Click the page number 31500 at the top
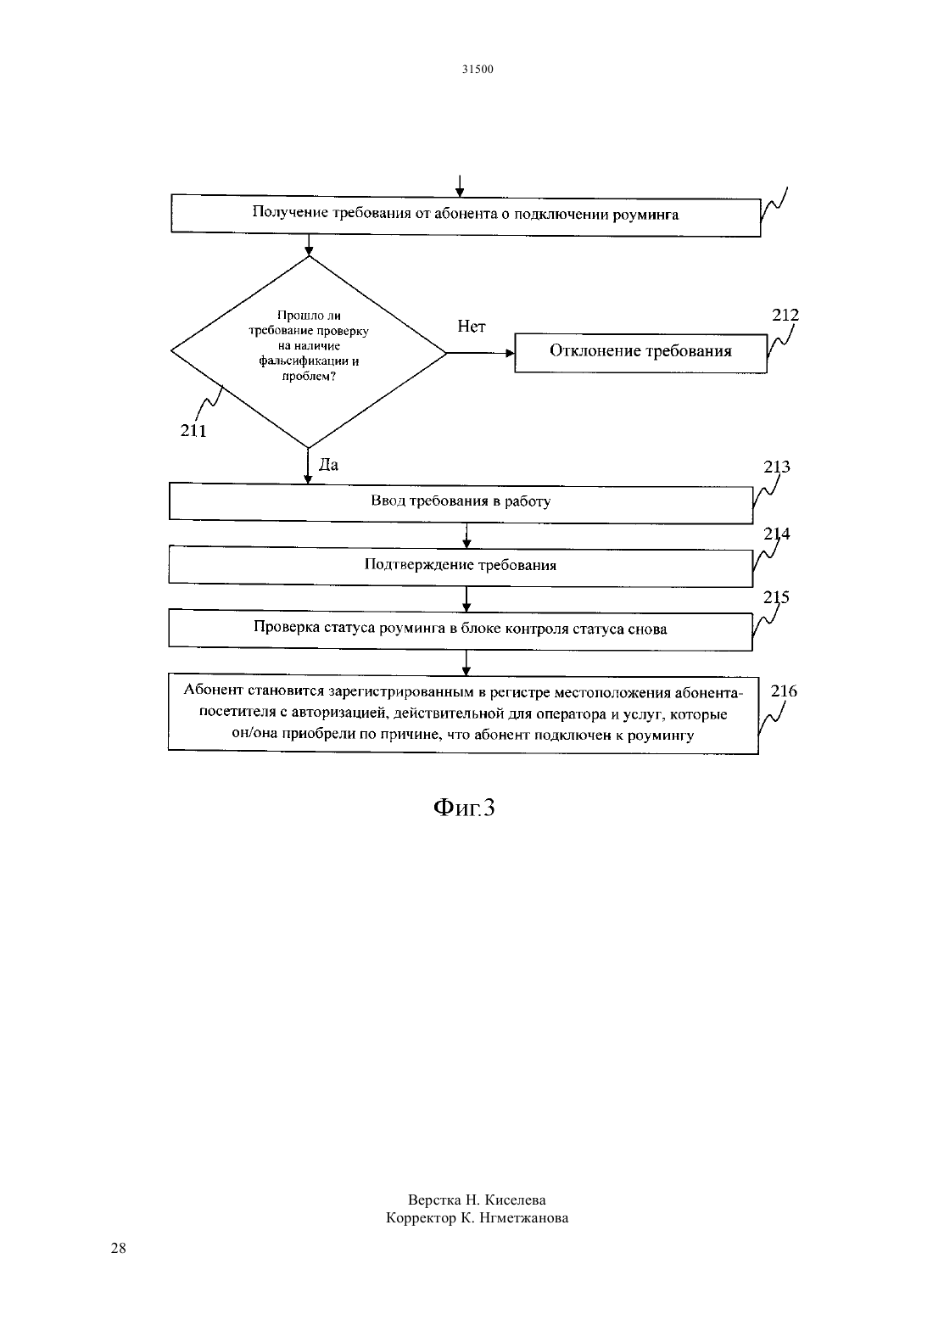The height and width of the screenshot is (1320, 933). (x=477, y=69)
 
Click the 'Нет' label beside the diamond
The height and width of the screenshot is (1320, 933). (x=472, y=326)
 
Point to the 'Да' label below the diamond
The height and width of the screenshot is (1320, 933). (x=329, y=465)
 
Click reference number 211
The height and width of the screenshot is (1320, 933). (x=193, y=431)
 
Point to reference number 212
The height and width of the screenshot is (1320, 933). (x=785, y=316)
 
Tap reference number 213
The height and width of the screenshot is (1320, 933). (x=777, y=467)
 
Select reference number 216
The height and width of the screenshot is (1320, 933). (x=784, y=691)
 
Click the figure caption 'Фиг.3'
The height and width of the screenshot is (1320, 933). (x=464, y=808)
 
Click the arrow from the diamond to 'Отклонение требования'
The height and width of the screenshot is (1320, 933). (x=481, y=353)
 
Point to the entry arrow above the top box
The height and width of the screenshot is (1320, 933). (x=460, y=187)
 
